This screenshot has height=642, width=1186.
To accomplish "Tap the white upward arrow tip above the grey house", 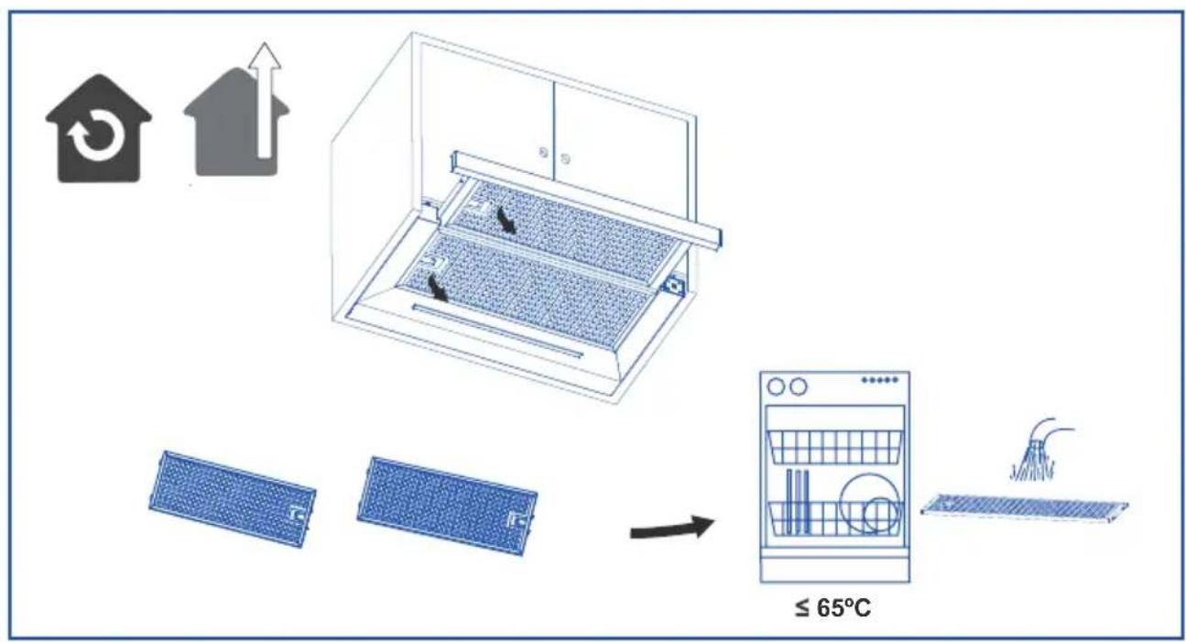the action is (265, 45).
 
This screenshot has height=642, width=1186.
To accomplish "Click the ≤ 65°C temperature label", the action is (832, 607).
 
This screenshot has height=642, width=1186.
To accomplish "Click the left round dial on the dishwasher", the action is (776, 386).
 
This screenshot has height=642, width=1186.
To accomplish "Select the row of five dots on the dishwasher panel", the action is (880, 379).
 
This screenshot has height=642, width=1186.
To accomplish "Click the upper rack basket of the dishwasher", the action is (834, 447).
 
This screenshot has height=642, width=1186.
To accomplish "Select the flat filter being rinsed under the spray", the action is (1025, 507).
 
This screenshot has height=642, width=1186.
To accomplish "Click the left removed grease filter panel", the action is (233, 498).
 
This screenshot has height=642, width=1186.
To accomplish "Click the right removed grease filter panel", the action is (448, 506).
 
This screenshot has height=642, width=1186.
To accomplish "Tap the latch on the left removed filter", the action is (298, 513).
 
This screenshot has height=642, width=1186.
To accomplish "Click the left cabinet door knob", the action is (543, 152).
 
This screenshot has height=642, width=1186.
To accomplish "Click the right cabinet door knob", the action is (565, 158).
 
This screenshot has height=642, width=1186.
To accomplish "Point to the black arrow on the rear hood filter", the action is (506, 220).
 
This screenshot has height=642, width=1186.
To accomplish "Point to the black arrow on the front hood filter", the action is (438, 288).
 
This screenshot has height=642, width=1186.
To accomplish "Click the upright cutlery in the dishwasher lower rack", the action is (798, 500).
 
